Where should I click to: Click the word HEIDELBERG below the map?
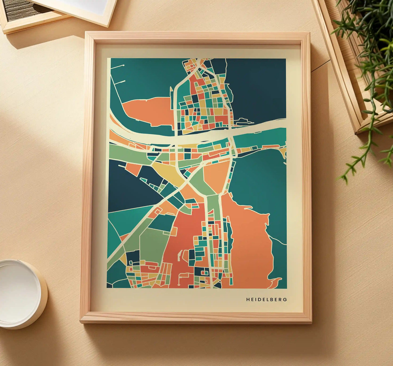(267, 300)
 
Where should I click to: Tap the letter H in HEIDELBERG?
(248, 300)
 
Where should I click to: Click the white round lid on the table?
(19, 294)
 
